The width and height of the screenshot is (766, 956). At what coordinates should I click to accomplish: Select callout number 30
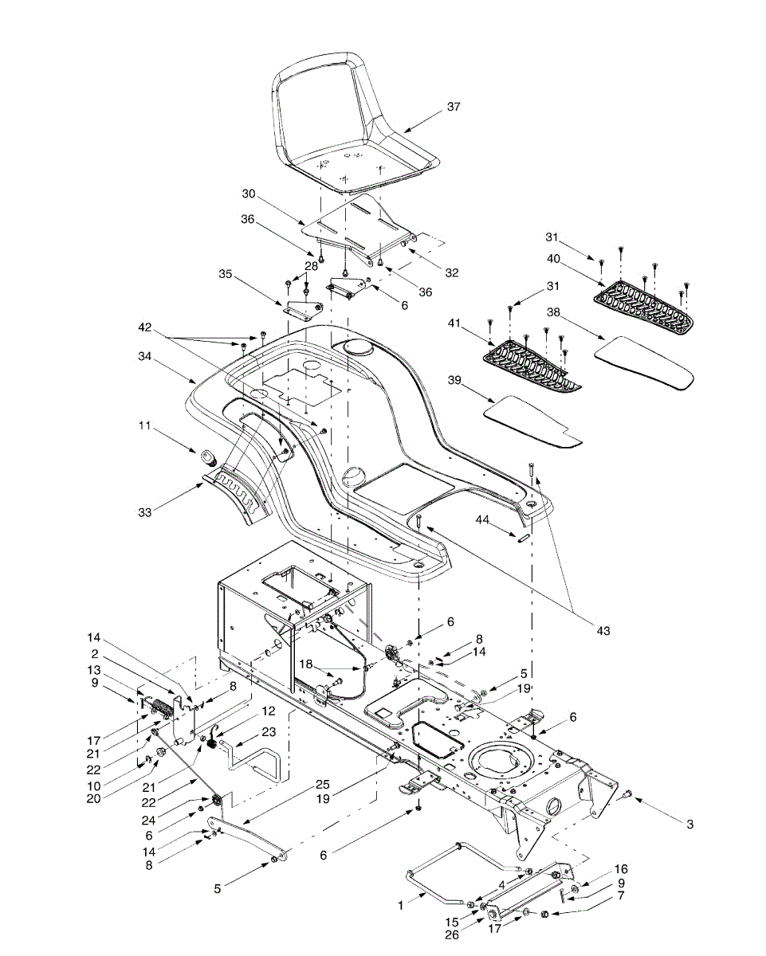[x=248, y=194]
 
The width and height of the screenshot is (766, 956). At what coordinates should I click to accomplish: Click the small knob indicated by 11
[x=210, y=458]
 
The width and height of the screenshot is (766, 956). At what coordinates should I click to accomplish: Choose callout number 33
[x=143, y=512]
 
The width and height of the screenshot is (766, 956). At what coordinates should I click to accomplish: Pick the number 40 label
[x=553, y=258]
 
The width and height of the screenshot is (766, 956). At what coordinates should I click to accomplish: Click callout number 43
[x=603, y=631]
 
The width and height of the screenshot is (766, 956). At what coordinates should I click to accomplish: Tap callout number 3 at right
[x=689, y=825]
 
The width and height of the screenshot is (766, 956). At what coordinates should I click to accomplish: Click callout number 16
[x=622, y=869]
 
